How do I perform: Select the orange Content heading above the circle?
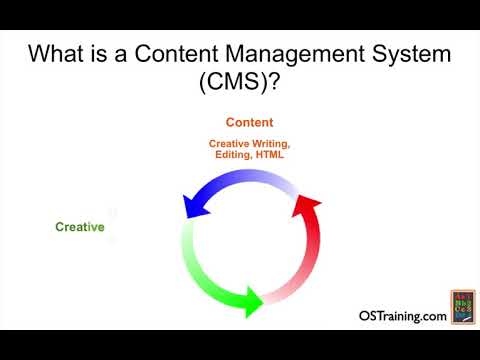249,123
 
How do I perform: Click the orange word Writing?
271,144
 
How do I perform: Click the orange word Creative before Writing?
229,144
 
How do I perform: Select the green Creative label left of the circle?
80,227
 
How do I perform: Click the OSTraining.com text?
402,316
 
